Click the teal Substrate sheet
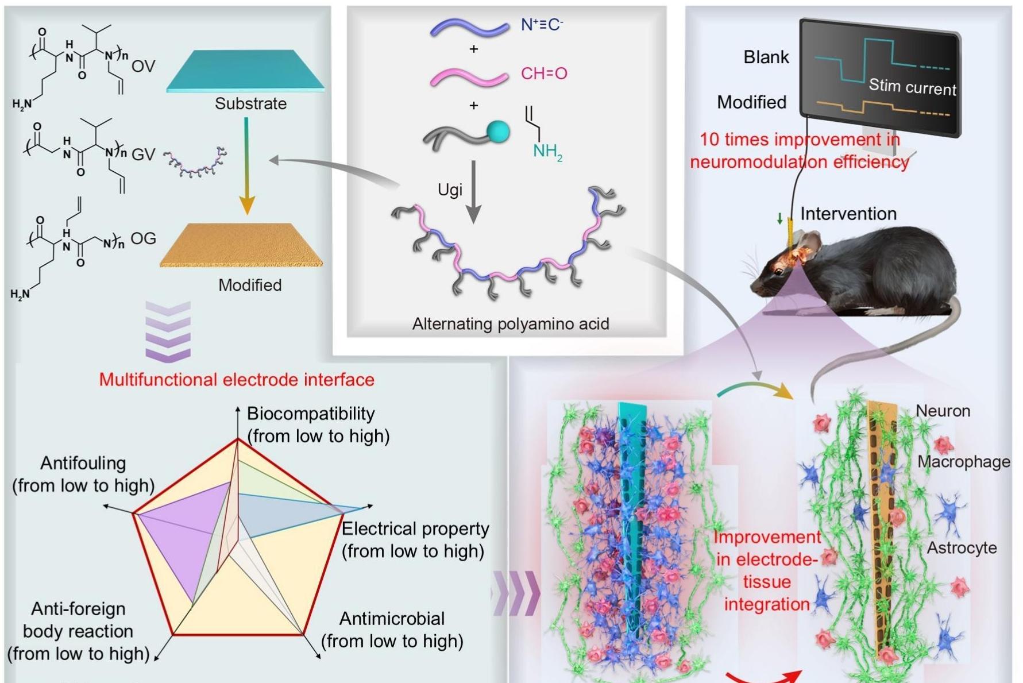click(x=246, y=71)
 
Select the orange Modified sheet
click(x=242, y=245)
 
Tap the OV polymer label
click(x=143, y=67)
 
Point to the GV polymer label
click(x=144, y=155)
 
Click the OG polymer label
click(x=143, y=238)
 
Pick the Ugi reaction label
click(x=450, y=190)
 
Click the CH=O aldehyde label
click(x=544, y=74)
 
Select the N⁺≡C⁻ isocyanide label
click(x=542, y=25)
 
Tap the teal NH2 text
click(x=547, y=152)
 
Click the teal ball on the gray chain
click(x=498, y=132)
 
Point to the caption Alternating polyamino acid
click(x=511, y=324)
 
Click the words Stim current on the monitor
click(x=912, y=87)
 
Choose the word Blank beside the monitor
click(x=766, y=57)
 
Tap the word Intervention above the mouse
click(x=848, y=214)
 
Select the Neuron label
click(x=943, y=411)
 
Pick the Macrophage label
click(x=963, y=461)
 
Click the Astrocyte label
click(x=962, y=547)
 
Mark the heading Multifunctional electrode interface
click(x=237, y=380)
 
